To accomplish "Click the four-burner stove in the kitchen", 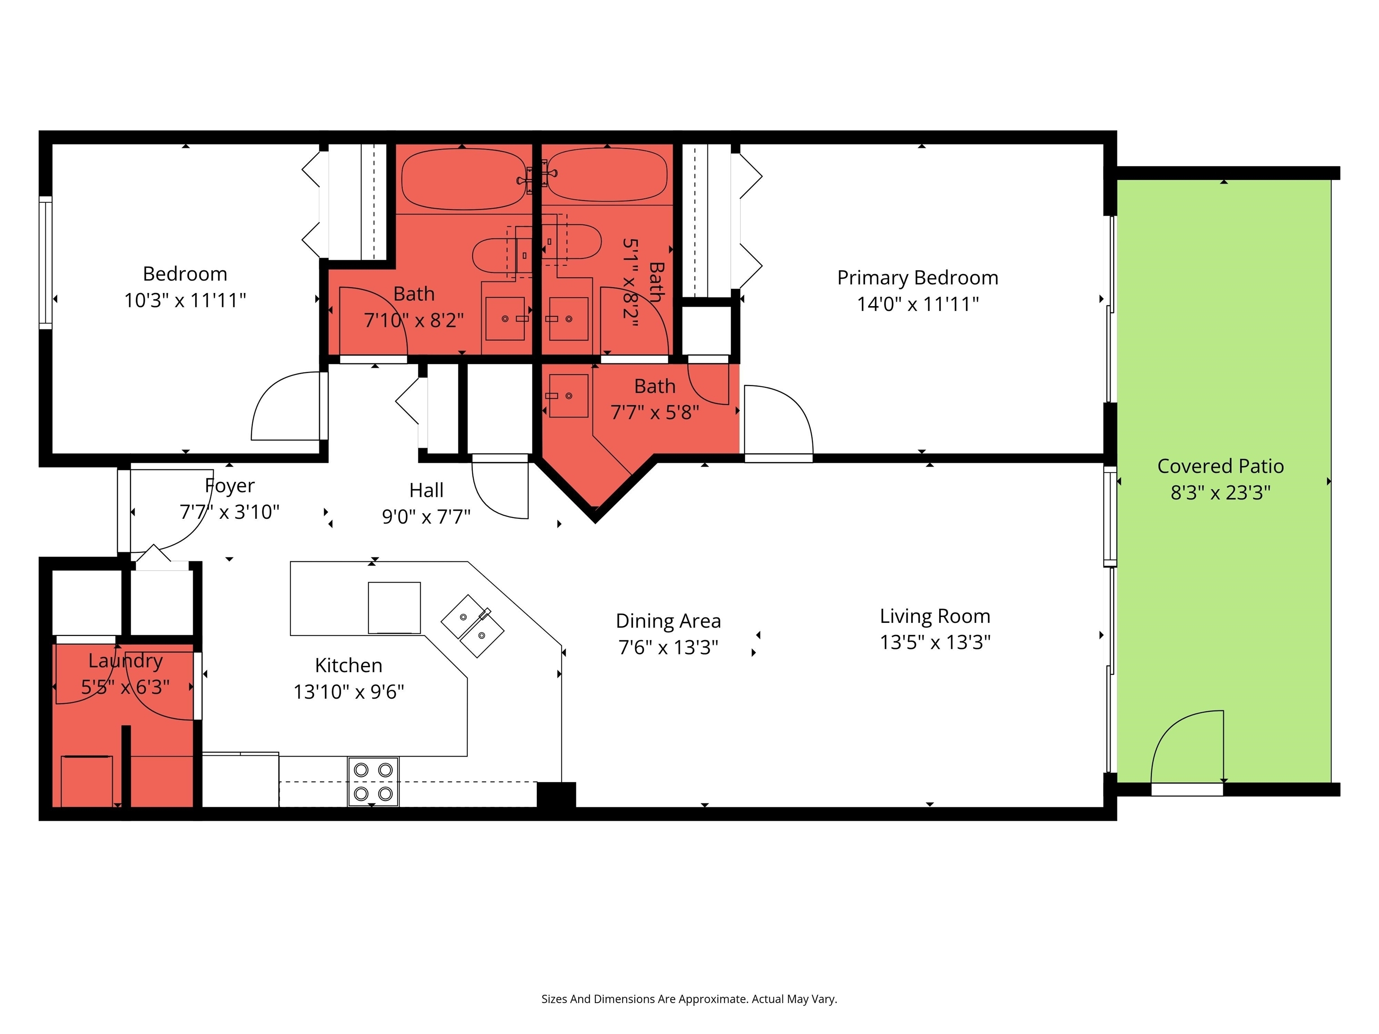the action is [373, 782].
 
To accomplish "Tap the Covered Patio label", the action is [1220, 466].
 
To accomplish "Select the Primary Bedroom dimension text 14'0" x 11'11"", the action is [918, 304].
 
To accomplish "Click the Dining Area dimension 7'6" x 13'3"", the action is [668, 648].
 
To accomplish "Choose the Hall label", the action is [426, 491].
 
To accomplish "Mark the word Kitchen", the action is [348, 666].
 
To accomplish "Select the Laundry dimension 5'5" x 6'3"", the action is [125, 687].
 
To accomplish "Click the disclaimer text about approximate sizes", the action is [689, 999].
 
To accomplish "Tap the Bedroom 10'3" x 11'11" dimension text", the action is [185, 300].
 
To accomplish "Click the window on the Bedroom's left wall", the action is [45, 262].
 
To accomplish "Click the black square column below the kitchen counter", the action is [556, 795].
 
